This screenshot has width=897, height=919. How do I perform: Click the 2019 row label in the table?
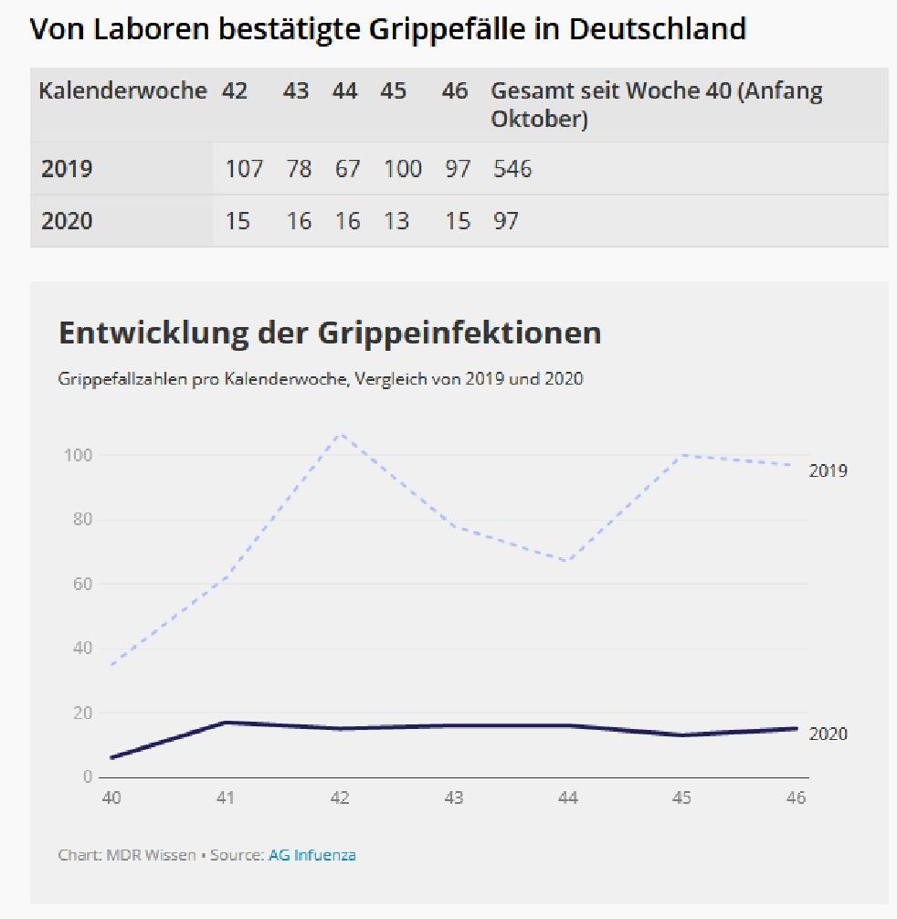pos(67,169)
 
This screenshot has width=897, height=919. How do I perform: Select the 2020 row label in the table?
pos(67,221)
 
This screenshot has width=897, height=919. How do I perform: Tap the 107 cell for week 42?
pos(244,169)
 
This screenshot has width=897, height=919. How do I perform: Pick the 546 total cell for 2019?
pos(512,169)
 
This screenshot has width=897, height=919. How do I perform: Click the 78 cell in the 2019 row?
pos(299,169)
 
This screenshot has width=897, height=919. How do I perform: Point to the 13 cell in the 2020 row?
pos(396,221)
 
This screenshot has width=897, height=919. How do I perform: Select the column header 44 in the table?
pos(344,91)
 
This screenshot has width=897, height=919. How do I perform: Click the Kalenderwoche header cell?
pos(122,91)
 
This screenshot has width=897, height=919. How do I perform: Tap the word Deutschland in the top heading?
pos(657,28)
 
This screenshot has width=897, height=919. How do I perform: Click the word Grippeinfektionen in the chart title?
pos(459,333)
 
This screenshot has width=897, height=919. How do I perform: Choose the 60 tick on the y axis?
pos(83,584)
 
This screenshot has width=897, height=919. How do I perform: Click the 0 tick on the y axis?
pos(88,776)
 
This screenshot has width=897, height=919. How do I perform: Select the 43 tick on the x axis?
pos(453,798)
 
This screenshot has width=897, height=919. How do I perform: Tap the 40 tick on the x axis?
pos(111,798)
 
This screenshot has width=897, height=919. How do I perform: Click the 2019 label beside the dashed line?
pos(828,471)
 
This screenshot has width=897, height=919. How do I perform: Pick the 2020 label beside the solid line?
pos(828,734)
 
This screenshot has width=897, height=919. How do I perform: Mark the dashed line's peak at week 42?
pos(341,434)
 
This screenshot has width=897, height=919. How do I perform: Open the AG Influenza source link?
pos(311,855)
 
